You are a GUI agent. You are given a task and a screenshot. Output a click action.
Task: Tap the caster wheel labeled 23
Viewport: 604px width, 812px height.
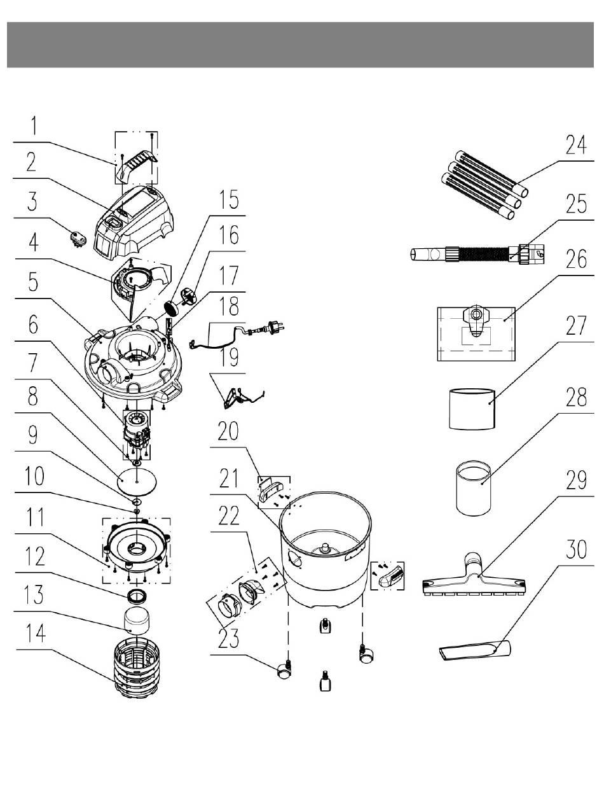(x=284, y=670)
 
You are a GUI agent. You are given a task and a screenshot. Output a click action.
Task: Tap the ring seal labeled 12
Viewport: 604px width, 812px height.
(x=137, y=596)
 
